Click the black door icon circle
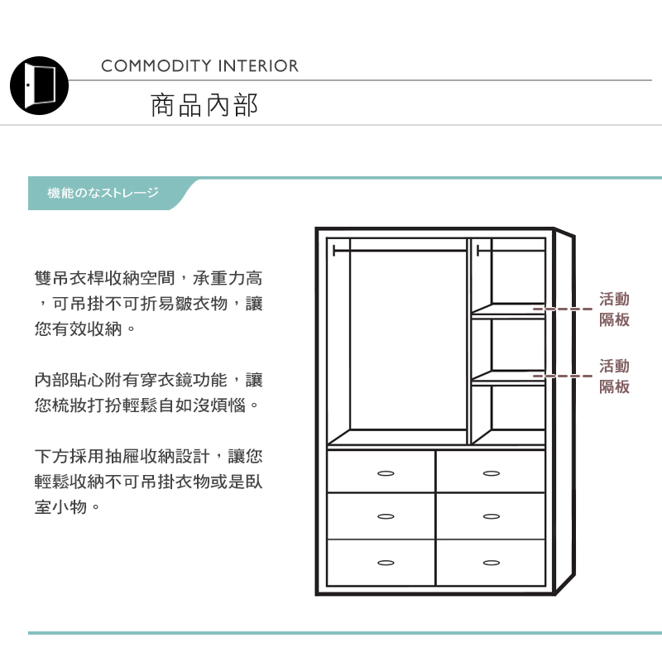39,85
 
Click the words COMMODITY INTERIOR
199,66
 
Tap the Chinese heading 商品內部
204,105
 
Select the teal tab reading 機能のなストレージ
103,193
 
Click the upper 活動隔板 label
614,309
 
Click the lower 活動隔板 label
614,376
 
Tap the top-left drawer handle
385,473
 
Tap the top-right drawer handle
492,473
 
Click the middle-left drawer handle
385,517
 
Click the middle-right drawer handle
492,517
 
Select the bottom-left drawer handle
385,563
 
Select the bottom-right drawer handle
492,563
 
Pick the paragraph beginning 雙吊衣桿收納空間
149,304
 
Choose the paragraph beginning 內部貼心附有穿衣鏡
149,393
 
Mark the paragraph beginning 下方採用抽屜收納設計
149,481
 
